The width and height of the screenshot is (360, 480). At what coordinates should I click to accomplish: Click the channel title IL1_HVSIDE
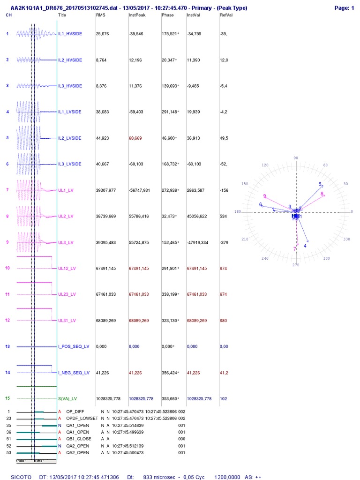pyautogui.click(x=70, y=34)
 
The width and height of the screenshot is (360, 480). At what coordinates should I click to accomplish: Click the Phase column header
pyautogui.click(x=167, y=15)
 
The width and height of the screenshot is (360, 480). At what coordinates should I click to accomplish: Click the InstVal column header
pyautogui.click(x=193, y=15)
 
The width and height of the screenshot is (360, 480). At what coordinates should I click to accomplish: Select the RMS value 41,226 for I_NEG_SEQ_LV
pyautogui.click(x=103, y=373)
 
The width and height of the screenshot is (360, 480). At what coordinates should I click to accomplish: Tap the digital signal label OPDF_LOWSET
pyautogui.click(x=82, y=418)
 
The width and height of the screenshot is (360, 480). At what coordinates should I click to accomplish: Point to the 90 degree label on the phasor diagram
pyautogui.click(x=295, y=158)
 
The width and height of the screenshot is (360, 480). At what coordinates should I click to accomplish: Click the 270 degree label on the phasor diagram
pyautogui.click(x=295, y=265)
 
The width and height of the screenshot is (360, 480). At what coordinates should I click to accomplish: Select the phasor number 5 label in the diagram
pyautogui.click(x=321, y=184)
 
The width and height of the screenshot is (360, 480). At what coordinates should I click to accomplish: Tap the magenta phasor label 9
pyautogui.click(x=265, y=196)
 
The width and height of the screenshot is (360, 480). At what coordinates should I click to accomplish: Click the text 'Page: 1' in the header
pyautogui.click(x=344, y=8)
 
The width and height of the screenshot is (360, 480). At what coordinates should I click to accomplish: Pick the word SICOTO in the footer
pyautogui.click(x=22, y=477)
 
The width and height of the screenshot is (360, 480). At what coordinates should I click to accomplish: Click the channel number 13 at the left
pyautogui.click(x=7, y=346)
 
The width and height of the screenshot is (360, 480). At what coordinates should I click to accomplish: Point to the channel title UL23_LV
pyautogui.click(x=67, y=294)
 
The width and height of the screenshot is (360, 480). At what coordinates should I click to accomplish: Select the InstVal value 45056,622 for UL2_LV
pyautogui.click(x=199, y=217)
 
